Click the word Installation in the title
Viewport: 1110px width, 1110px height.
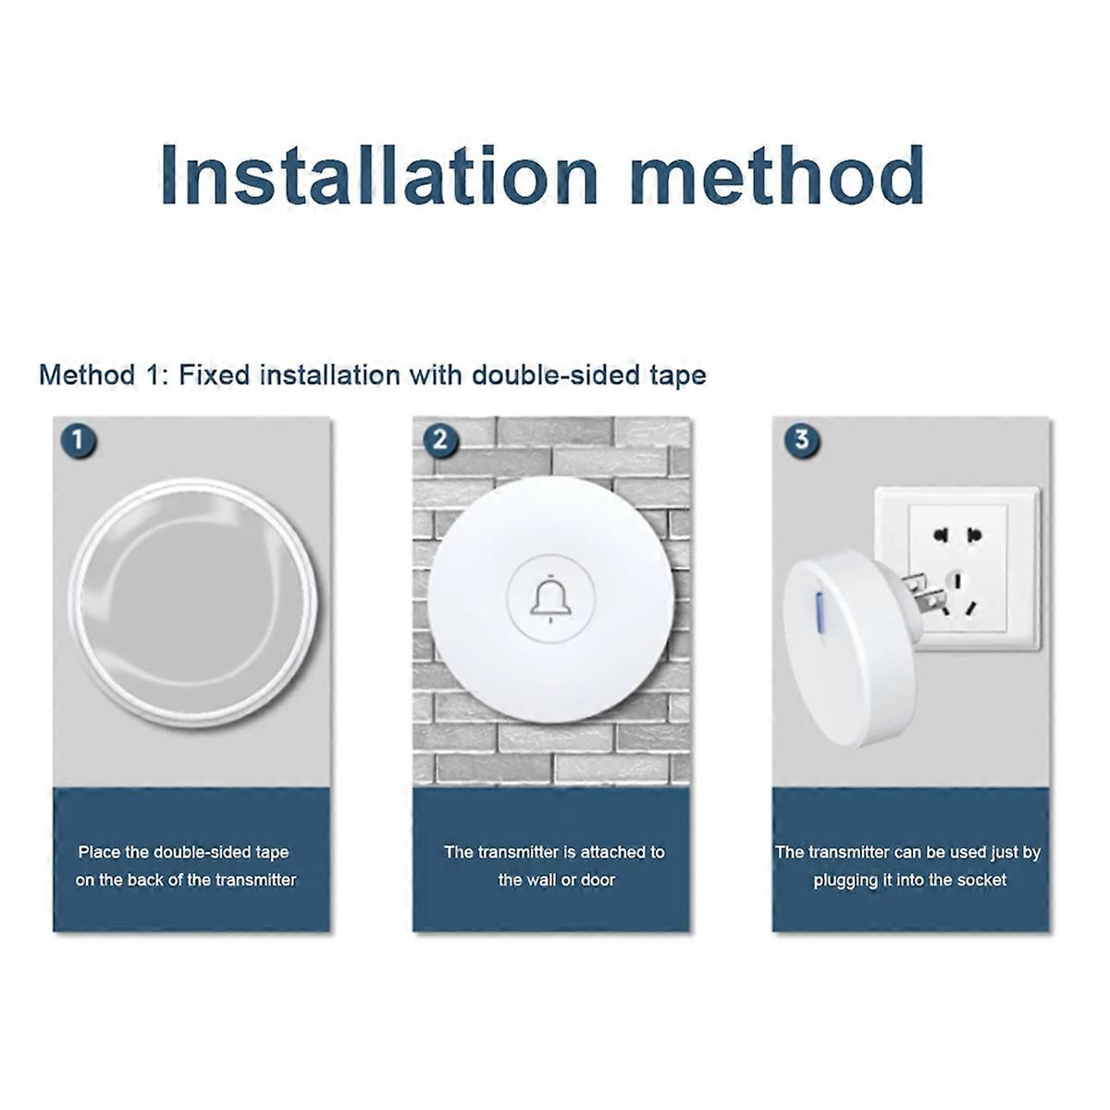(379, 175)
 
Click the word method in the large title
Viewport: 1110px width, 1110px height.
(778, 175)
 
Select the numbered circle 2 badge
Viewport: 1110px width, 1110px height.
(440, 440)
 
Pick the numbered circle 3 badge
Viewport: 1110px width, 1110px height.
(801, 440)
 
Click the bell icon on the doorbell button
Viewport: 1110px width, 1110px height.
(550, 599)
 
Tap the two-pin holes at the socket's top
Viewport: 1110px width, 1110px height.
(957, 536)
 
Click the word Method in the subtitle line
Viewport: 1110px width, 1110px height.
(87, 375)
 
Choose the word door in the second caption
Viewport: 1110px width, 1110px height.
(598, 880)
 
